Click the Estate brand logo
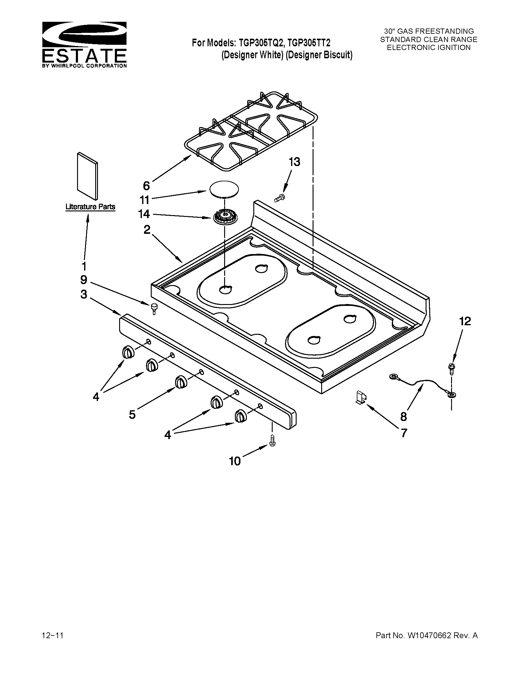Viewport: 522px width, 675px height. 84,44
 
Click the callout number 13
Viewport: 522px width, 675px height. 294,162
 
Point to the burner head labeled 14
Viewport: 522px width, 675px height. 224,216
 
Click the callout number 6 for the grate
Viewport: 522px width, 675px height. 146,186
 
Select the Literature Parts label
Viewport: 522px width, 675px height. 90,207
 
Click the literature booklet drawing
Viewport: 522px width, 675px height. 88,176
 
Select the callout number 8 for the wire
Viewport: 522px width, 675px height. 403,417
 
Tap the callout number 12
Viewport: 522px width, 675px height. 465,322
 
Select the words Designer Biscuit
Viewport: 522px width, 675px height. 319,55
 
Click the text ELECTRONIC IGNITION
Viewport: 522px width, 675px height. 429,48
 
